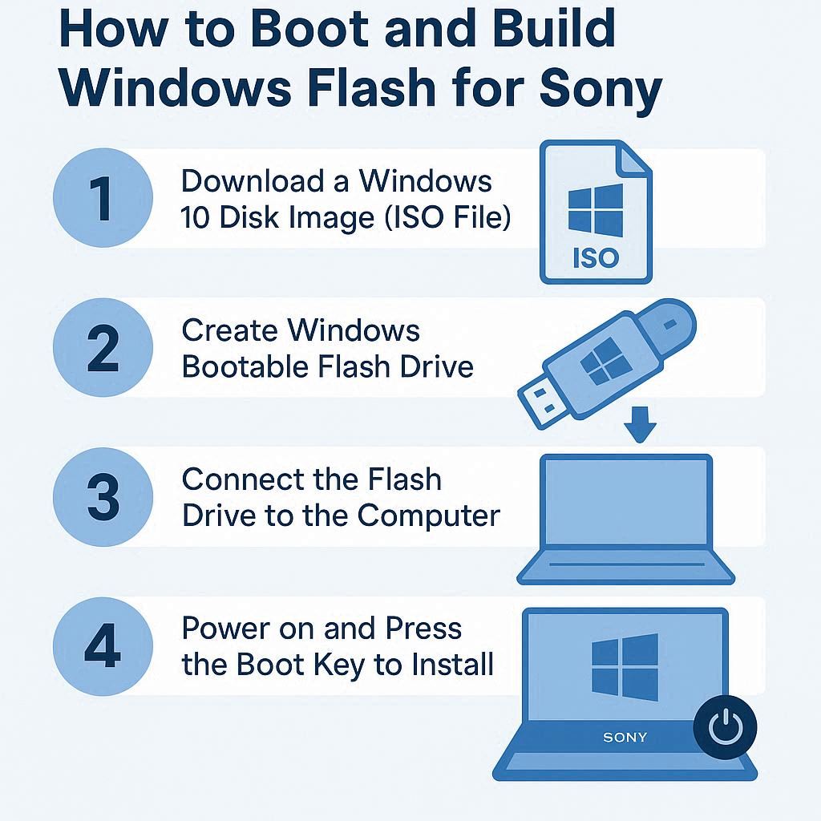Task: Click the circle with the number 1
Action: (103, 198)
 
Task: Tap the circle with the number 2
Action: (103, 347)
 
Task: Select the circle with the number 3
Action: (103, 496)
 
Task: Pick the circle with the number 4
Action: (103, 646)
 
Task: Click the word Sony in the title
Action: (601, 89)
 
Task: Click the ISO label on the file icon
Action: (596, 258)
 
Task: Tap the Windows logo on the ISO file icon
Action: (596, 210)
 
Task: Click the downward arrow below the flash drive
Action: (640, 424)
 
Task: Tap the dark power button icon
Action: (725, 726)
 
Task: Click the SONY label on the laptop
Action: (625, 738)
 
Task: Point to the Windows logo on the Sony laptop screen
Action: (625, 667)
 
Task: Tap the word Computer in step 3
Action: (429, 516)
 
